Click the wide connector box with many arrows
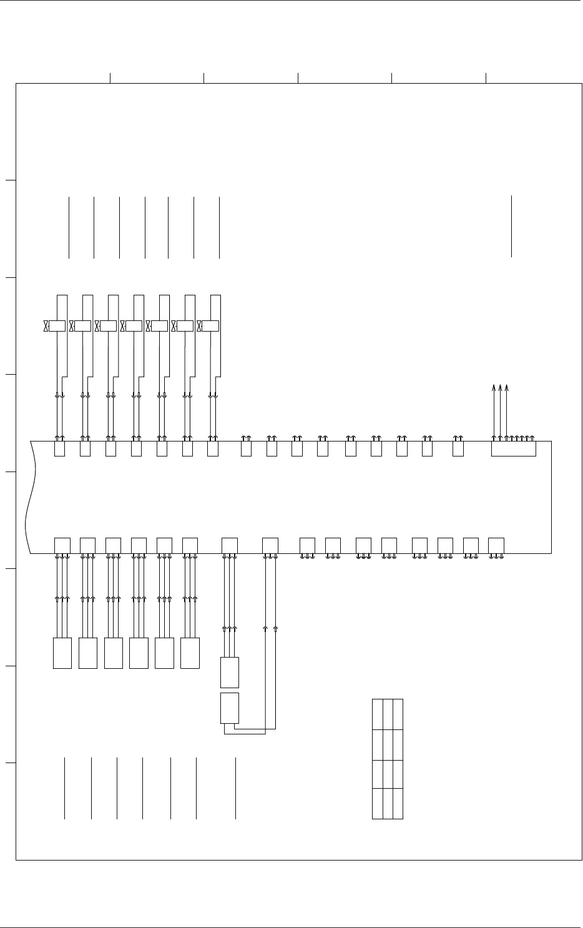(513, 448)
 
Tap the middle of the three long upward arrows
(500, 409)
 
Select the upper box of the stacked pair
(230, 672)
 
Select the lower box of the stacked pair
(230, 708)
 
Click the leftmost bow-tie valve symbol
(46, 326)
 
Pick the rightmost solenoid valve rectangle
(211, 326)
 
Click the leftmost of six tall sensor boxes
(62, 653)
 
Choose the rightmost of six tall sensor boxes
(190, 653)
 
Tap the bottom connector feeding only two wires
(270, 545)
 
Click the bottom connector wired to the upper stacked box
(230, 545)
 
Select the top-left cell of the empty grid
(378, 714)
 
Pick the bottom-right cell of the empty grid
(398, 804)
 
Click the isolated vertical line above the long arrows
(511, 226)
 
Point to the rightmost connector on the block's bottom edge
(496, 545)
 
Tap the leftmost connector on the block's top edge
(59, 448)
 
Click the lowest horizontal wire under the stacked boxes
(245, 733)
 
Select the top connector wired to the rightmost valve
(213, 448)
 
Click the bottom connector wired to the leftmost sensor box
(62, 545)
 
